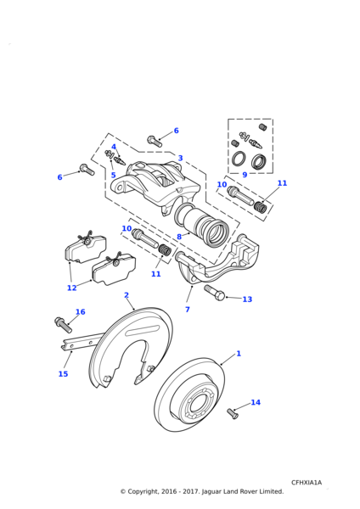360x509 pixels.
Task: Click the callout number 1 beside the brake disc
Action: coord(239,353)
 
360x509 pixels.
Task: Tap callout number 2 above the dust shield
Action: coord(127,295)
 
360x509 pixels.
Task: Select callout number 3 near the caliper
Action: coord(180,158)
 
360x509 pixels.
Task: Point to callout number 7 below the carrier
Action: coord(188,310)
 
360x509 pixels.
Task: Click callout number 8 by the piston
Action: coord(179,237)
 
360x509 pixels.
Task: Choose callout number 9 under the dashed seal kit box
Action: coord(245,175)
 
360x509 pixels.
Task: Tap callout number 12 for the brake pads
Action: coord(71,288)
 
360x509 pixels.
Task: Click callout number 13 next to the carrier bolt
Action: coord(247,299)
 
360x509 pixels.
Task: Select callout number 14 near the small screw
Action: coord(256,402)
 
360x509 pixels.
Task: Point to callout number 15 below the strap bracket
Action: coord(63,374)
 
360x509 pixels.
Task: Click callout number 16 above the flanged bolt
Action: coord(81,312)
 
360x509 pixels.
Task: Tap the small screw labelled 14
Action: coord(233,414)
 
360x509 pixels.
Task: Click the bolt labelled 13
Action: coord(215,292)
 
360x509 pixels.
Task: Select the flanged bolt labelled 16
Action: coord(64,325)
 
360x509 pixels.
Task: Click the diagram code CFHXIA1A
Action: coord(307,483)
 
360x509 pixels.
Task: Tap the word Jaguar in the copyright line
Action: coord(212,492)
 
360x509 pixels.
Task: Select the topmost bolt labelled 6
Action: coord(155,142)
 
